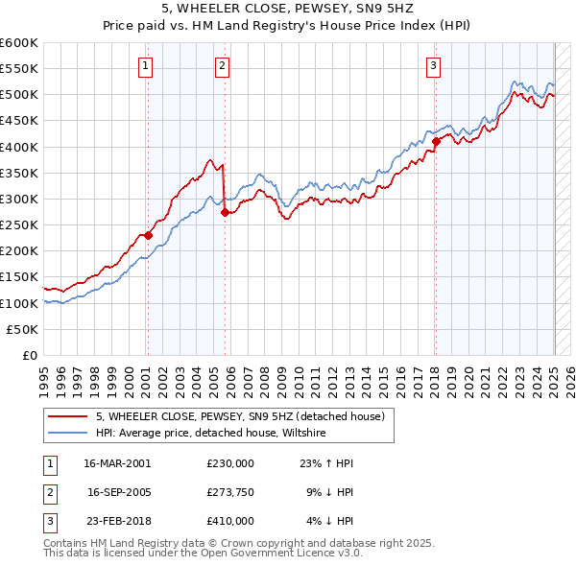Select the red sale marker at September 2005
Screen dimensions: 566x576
(x=225, y=213)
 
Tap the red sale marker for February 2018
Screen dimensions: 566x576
(x=436, y=141)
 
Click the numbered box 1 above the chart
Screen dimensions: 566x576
(x=145, y=66)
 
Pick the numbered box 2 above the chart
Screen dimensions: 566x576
(x=222, y=66)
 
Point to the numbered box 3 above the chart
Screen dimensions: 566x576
(x=434, y=66)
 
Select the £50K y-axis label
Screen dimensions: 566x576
(x=23, y=329)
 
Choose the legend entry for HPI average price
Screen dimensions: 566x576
(x=211, y=434)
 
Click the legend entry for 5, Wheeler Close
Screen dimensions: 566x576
(x=240, y=416)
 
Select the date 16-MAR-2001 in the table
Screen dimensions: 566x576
(x=117, y=462)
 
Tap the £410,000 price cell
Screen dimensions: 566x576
(x=230, y=521)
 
